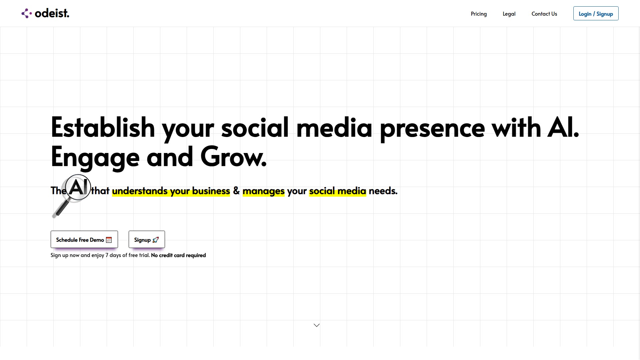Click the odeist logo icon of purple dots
click(27, 13)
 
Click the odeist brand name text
click(52, 13)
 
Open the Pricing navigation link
click(479, 14)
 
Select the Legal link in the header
click(509, 14)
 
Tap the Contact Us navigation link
click(544, 14)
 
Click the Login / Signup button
click(596, 13)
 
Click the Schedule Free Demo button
click(84, 239)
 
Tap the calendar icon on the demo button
click(109, 240)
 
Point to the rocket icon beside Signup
click(156, 240)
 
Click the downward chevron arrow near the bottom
click(317, 325)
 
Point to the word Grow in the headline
click(233, 157)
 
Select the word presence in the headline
click(432, 128)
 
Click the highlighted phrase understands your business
click(171, 191)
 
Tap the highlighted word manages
click(264, 191)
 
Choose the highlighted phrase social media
click(338, 191)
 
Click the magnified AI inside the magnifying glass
click(78, 187)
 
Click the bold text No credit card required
click(178, 255)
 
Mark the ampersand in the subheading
click(236, 191)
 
